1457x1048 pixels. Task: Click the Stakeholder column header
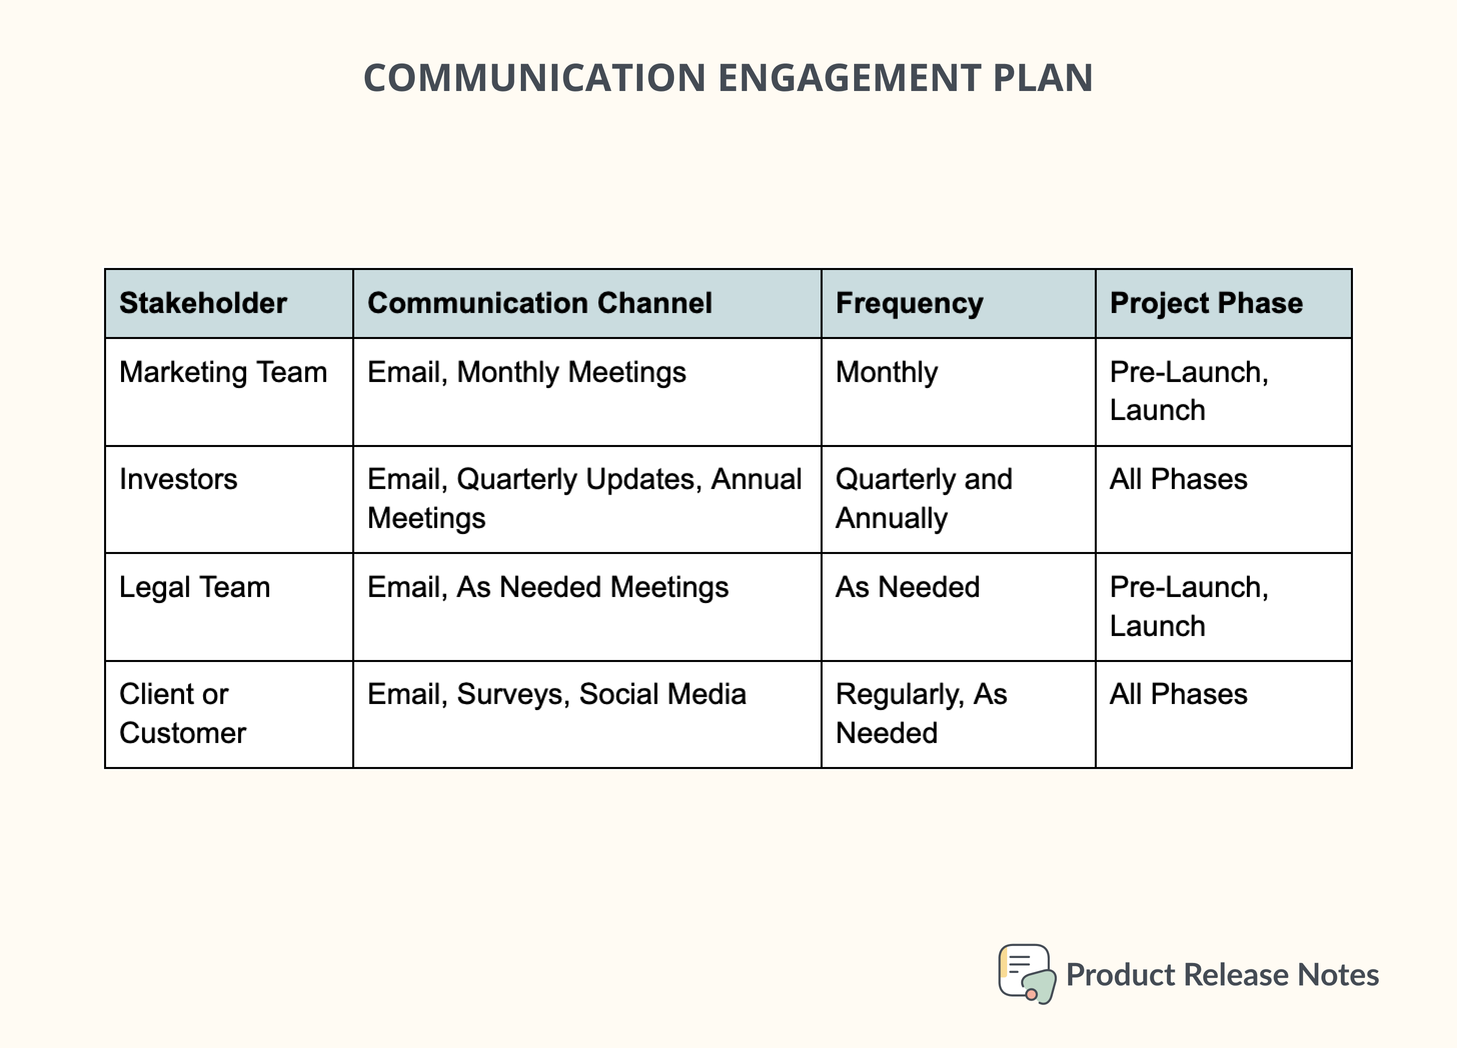203,303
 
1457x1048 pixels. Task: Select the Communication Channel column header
540,303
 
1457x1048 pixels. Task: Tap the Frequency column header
909,303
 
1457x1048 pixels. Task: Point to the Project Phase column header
1206,303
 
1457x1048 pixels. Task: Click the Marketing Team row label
223,372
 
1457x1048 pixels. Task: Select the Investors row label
179,479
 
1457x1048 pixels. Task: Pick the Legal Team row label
195,587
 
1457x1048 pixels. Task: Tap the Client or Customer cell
183,713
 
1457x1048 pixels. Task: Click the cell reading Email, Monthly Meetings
526,372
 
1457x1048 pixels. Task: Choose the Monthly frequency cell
887,372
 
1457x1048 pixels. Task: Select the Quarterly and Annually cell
923,498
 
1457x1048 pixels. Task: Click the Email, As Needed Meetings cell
547,587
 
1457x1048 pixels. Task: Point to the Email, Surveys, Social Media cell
556,694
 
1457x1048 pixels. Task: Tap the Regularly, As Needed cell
921,713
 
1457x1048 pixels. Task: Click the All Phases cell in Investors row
1178,479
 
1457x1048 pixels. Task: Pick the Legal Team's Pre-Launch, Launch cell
1188,606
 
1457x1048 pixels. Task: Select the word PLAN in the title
1042,78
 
